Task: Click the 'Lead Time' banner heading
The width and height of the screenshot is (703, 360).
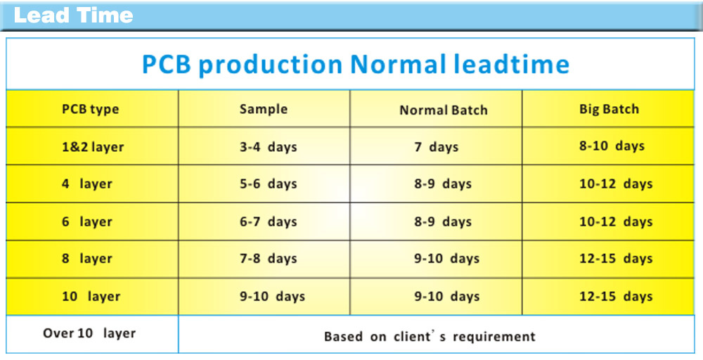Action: point(74,15)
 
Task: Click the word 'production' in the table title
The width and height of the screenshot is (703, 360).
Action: point(271,65)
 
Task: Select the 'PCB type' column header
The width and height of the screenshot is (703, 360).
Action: point(91,110)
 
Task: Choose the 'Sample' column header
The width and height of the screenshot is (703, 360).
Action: point(264,110)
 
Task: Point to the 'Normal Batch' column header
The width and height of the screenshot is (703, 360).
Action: point(444,110)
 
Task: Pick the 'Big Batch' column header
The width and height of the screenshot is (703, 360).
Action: point(609,110)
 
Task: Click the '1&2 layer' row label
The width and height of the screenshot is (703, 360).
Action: point(93,147)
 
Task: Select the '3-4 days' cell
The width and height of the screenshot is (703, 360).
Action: point(268,147)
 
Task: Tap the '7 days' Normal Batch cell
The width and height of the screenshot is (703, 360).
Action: point(437,147)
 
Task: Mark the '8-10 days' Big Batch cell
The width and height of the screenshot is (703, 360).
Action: point(612,146)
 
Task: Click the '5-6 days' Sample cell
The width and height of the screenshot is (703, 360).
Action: point(268,184)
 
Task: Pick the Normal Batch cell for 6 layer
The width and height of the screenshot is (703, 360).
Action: point(443,221)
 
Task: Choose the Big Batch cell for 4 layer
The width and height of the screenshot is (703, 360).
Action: point(616,184)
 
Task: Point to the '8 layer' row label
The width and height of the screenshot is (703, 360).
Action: point(87,259)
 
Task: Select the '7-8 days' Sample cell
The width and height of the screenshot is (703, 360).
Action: point(268,259)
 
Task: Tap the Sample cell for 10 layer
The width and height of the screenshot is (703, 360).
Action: point(272,296)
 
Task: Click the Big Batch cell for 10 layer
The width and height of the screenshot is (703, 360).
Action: point(616,296)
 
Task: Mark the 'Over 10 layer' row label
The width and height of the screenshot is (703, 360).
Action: point(89,333)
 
